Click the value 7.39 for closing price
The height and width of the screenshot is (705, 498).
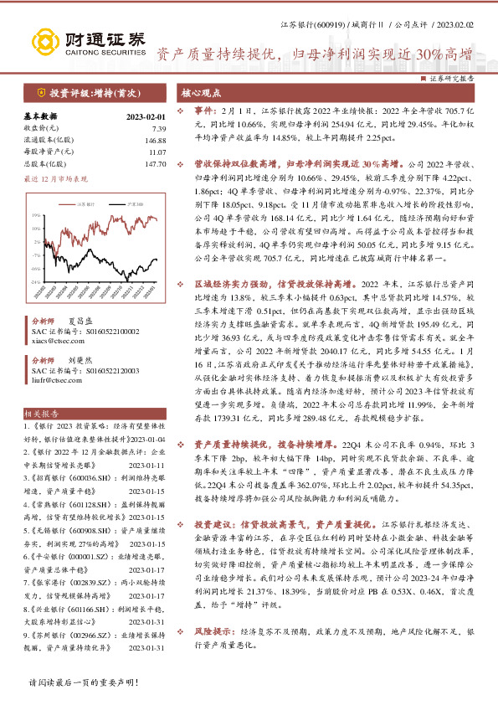pyautogui.click(x=159, y=127)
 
